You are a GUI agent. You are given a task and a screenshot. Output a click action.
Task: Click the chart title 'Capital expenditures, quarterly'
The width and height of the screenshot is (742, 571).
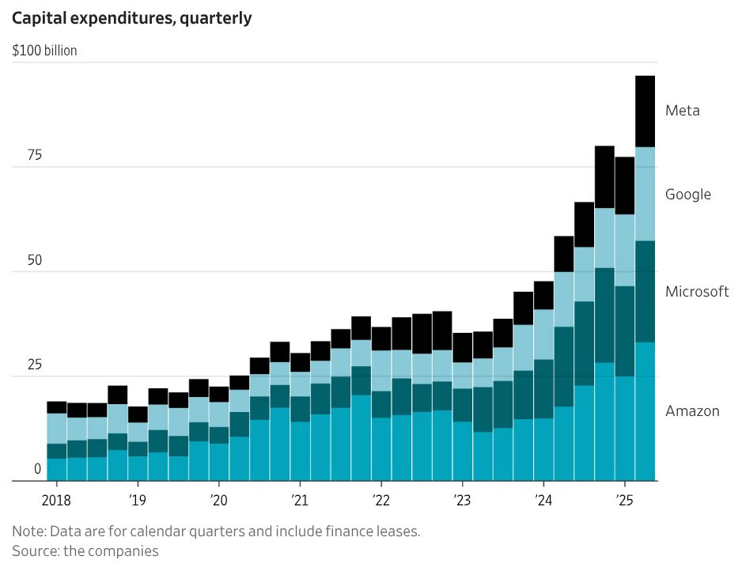pos(131,18)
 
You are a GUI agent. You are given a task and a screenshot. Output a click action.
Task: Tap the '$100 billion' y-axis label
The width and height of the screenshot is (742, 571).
pos(45,51)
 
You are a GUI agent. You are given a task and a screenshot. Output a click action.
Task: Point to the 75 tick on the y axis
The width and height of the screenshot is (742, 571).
pos(34,156)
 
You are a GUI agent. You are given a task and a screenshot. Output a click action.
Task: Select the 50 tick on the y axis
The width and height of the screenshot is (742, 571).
pos(34,261)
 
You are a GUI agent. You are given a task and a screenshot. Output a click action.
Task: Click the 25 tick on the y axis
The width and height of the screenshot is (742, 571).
pos(34,365)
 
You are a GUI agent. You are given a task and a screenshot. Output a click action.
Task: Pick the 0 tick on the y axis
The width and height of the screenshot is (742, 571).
pos(37,469)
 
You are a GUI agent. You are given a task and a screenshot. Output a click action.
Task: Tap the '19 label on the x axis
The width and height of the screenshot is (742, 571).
pos(138,500)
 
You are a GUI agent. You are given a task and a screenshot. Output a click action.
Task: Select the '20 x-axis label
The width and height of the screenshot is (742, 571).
pos(218,500)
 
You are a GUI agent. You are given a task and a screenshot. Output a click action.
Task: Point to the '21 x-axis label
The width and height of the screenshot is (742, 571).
pos(300,500)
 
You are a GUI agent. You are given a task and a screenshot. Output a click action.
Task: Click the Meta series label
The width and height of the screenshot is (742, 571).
pos(683,111)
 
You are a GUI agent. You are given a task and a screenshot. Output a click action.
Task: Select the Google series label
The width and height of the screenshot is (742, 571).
pos(688,195)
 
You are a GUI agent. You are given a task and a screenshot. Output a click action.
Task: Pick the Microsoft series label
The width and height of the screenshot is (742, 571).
pos(697,292)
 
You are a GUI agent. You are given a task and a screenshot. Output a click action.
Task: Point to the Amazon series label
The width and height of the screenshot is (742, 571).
pos(692,411)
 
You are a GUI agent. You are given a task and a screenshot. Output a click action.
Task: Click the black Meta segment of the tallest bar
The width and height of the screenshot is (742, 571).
pos(645,112)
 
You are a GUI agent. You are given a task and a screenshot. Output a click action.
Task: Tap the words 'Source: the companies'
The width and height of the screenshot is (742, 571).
pos(85,551)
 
